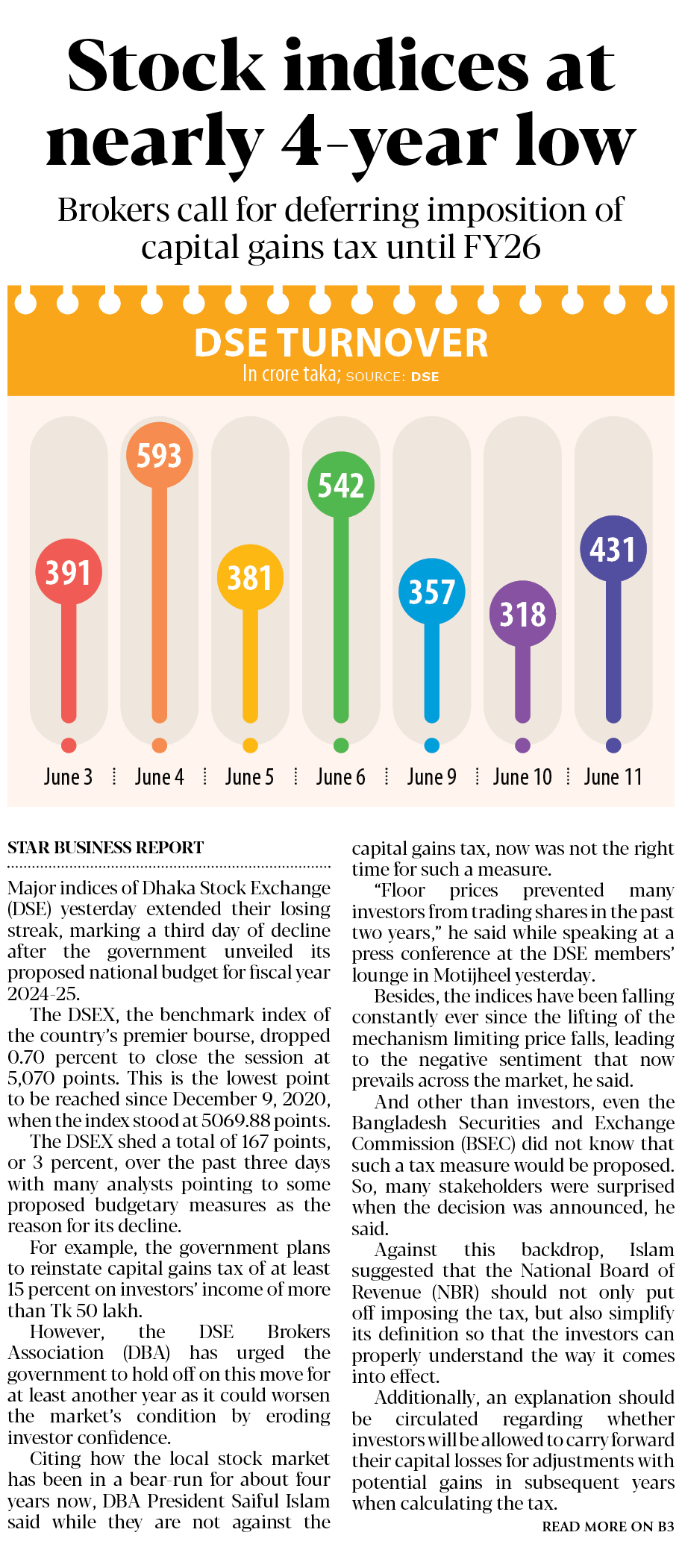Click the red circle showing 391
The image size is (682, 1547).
pos(69,572)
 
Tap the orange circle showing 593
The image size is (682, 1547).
pos(159,455)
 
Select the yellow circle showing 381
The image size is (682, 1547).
pos(250,578)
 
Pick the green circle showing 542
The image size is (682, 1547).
pos(341,485)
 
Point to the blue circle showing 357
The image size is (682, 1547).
pos(432,591)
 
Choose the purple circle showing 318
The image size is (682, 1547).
pos(522,614)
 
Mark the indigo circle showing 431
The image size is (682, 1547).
pos(613,549)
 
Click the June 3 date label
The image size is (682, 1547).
pos(68,777)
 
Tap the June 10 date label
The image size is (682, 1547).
pos(522,777)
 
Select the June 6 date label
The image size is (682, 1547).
pos(340,777)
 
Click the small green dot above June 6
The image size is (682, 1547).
pos(341,745)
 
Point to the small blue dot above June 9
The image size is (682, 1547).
pos(432,745)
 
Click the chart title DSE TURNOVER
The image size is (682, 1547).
pos(341,343)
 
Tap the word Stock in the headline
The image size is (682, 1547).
pos(166,66)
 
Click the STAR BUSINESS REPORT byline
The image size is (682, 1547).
pos(105,847)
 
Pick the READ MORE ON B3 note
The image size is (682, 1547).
pos(607,1526)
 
